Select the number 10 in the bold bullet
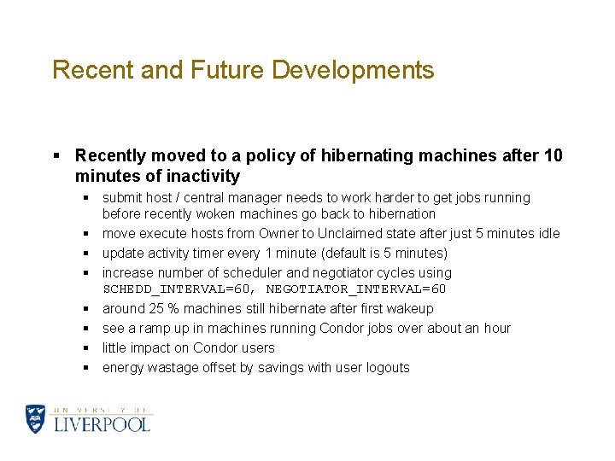(x=553, y=155)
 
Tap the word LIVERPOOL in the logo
(x=102, y=423)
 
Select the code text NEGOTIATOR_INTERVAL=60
(x=356, y=289)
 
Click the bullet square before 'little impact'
(x=87, y=348)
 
